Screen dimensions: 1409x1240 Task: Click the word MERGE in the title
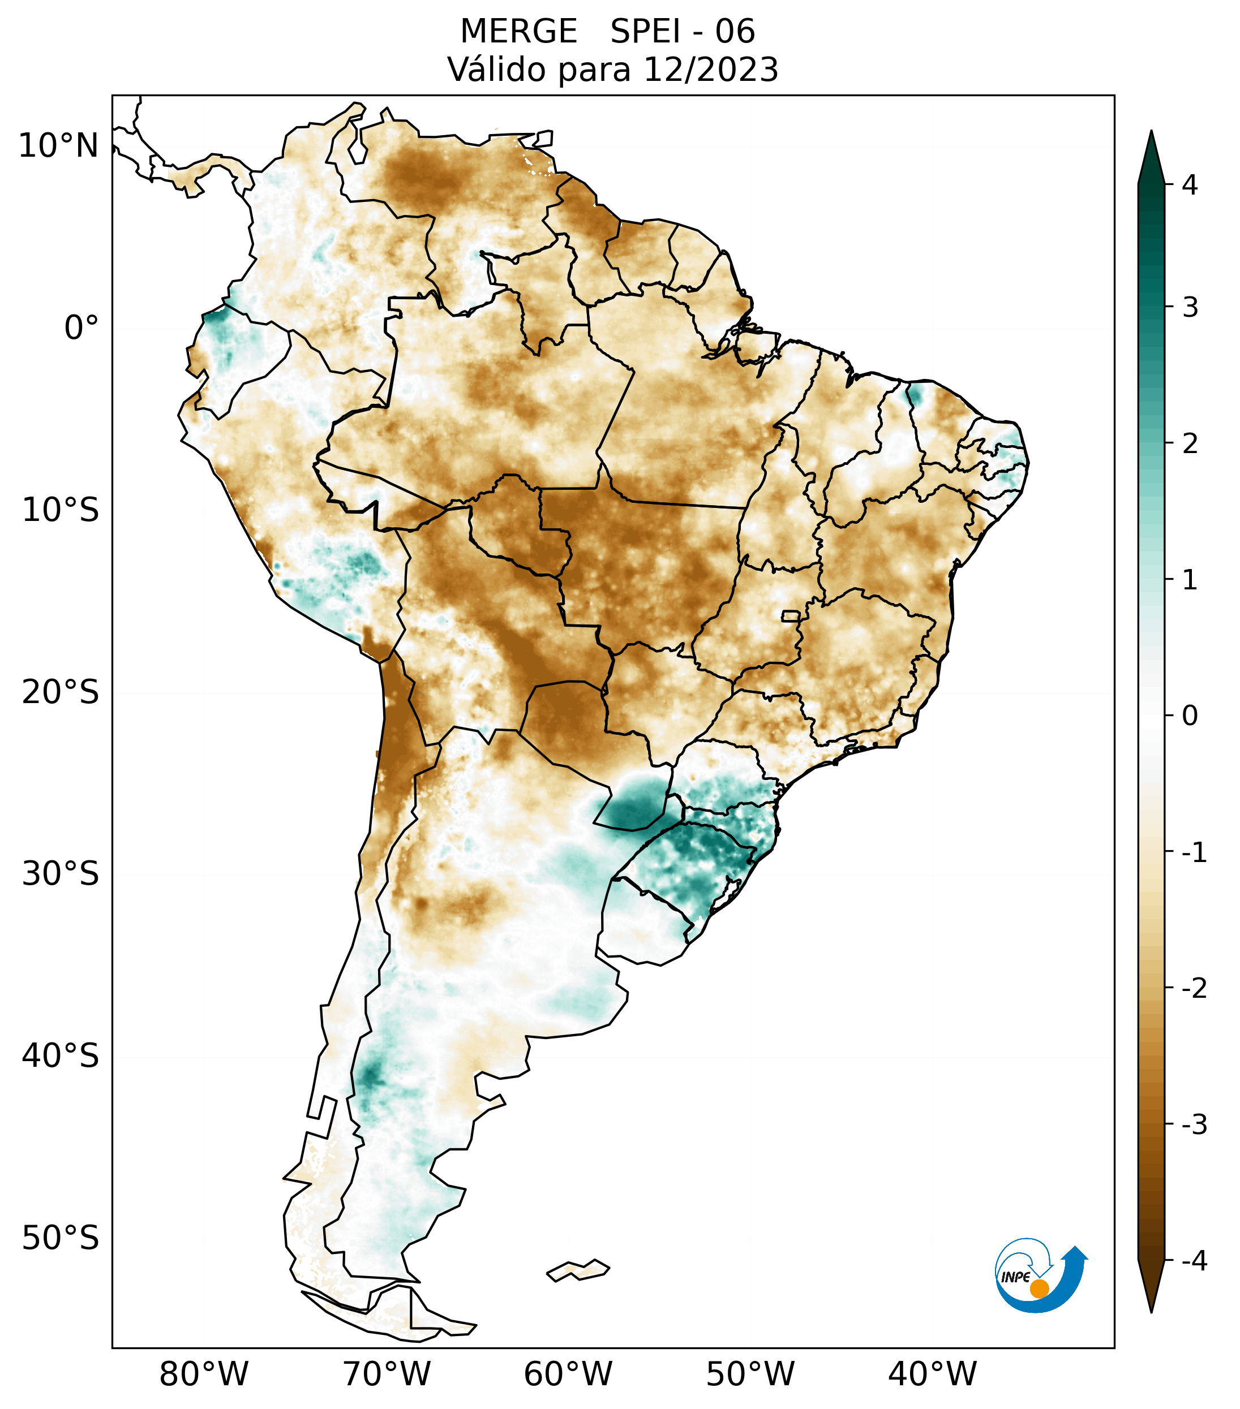pyautogui.click(x=518, y=32)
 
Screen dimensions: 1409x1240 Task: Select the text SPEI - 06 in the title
pyautogui.click(x=682, y=32)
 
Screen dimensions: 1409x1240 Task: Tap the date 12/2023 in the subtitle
pyautogui.click(x=710, y=70)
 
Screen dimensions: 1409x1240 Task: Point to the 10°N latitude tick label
pyautogui.click(x=59, y=146)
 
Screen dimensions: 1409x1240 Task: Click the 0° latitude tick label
pyautogui.click(x=81, y=328)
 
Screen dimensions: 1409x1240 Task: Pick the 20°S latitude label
pyautogui.click(x=61, y=692)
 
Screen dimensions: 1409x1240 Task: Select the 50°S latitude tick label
pyautogui.click(x=61, y=1239)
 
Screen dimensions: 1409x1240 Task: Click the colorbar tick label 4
pyautogui.click(x=1190, y=185)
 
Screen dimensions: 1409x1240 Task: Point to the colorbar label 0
pyautogui.click(x=1190, y=716)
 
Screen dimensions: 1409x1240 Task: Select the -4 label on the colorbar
pyautogui.click(x=1194, y=1261)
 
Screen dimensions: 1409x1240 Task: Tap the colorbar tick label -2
pyautogui.click(x=1194, y=989)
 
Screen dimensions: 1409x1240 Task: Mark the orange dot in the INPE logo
pyautogui.click(x=1039, y=1289)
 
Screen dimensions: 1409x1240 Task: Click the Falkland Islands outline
pyautogui.click(x=578, y=1270)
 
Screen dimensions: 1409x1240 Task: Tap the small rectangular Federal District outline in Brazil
pyautogui.click(x=791, y=615)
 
